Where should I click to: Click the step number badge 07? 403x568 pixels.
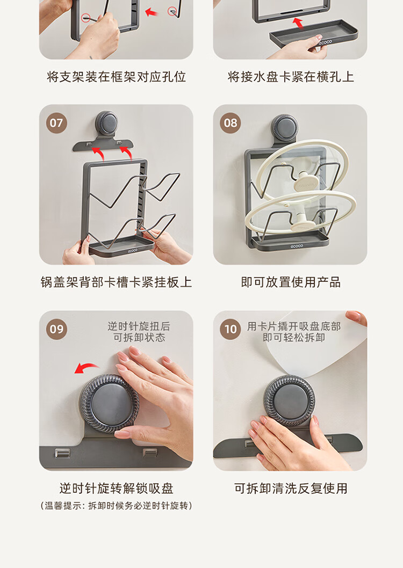point(56,123)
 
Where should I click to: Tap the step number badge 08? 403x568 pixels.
point(231,123)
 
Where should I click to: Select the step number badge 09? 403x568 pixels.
point(56,329)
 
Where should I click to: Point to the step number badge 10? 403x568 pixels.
point(231,329)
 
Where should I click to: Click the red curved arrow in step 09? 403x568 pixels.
point(86,368)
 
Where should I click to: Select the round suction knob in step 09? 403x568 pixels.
point(109,404)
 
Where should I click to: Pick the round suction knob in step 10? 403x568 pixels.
point(289,400)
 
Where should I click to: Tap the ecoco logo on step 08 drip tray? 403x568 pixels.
point(297,246)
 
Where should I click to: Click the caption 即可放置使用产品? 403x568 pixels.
point(291,282)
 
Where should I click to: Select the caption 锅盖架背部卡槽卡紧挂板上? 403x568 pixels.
point(116,282)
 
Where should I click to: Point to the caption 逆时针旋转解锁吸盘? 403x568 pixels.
point(117,489)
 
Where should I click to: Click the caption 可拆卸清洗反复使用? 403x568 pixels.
point(291,489)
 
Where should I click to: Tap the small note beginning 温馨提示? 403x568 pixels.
point(116,506)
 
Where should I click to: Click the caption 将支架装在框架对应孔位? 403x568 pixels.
point(117,77)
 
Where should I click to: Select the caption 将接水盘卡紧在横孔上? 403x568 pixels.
point(291,77)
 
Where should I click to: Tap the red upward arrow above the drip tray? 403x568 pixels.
point(298,23)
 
